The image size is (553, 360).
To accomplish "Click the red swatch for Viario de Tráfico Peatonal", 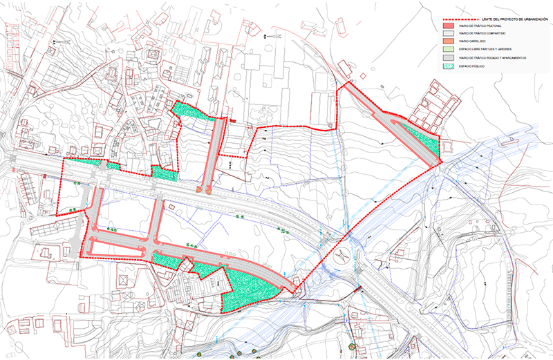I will pyautogui.click(x=449, y=26).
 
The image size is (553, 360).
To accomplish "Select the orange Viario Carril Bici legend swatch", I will pyautogui.click(x=449, y=41).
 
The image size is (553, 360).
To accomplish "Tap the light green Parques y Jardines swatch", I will pyautogui.click(x=449, y=50).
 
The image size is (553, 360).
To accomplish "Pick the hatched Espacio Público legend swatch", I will pyautogui.click(x=449, y=66).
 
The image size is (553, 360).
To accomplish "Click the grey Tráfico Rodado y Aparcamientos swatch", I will pyautogui.click(x=449, y=58).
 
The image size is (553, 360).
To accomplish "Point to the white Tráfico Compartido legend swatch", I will pyautogui.click(x=449, y=33).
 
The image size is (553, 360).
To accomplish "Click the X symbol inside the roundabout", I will pyautogui.click(x=341, y=254).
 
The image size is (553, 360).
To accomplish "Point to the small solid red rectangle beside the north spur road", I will pyautogui.click(x=233, y=122).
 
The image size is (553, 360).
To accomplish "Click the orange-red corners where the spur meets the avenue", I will pyautogui.click(x=205, y=188).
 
